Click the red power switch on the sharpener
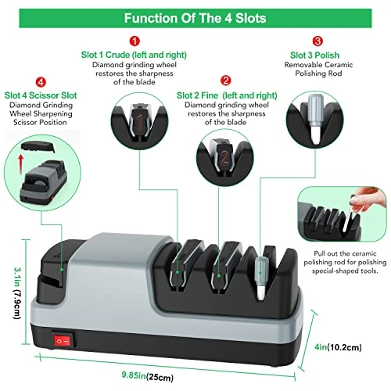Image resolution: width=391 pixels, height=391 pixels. click(63, 341)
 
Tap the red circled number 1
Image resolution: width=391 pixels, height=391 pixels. click(135, 41)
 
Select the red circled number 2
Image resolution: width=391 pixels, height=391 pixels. click(226, 81)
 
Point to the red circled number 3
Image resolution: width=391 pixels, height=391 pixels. click(317, 41)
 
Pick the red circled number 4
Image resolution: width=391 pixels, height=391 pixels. click(41, 82)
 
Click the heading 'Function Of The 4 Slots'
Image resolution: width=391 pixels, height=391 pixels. click(195, 18)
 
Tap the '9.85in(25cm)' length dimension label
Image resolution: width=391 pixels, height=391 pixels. click(148, 376)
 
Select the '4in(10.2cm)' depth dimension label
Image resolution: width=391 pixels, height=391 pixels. click(338, 347)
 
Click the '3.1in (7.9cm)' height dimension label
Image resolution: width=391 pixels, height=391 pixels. click(17, 293)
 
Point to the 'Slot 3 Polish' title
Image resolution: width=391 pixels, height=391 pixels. click(314, 56)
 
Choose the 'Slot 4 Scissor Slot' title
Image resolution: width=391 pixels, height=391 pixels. click(41, 95)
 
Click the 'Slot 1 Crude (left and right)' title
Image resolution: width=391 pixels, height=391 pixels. click(134, 55)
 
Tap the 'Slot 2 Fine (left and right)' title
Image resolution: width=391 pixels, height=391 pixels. click(227, 95)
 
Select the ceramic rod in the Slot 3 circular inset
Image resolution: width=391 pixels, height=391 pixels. click(315, 119)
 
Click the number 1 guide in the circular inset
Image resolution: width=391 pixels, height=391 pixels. click(140, 120)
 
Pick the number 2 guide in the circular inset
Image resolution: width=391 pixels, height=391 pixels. click(224, 156)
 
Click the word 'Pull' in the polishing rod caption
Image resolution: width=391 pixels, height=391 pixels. click(320, 253)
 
